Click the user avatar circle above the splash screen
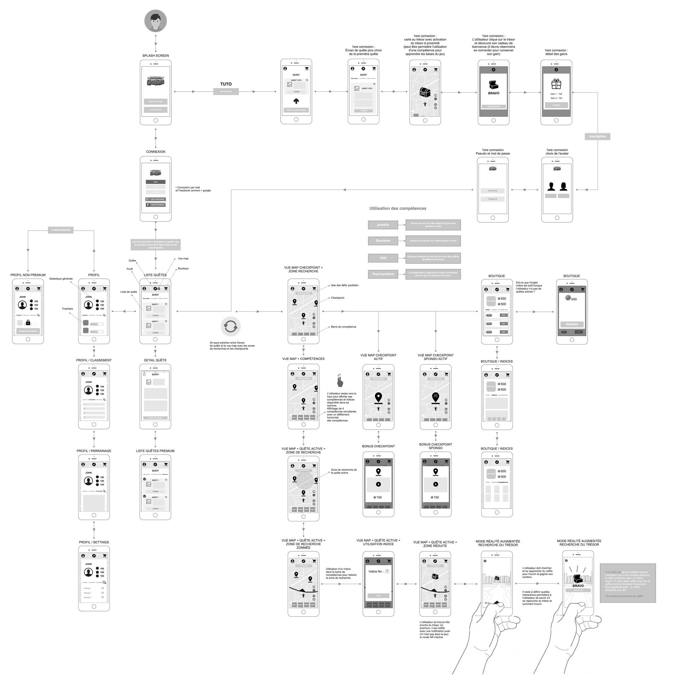[x=156, y=21]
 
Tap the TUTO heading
[x=226, y=84]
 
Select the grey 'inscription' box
[x=598, y=136]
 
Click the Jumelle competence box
[x=383, y=225]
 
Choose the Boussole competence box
[x=383, y=241]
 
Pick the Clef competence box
[x=383, y=258]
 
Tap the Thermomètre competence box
[x=383, y=274]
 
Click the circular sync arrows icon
[x=230, y=327]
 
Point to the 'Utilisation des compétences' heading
[x=398, y=209]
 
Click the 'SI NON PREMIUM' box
[x=61, y=230]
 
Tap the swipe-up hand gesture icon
[x=339, y=381]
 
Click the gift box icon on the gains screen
[x=556, y=84]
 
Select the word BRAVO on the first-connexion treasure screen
[x=493, y=93]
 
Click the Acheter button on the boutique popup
[x=572, y=324]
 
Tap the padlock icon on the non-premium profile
[x=28, y=322]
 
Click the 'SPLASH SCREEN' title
[x=156, y=56]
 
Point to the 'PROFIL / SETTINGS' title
[x=94, y=542]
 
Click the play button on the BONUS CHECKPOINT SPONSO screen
[x=436, y=484]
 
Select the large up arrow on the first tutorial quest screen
[x=296, y=101]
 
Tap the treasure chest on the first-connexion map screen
[x=425, y=93]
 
